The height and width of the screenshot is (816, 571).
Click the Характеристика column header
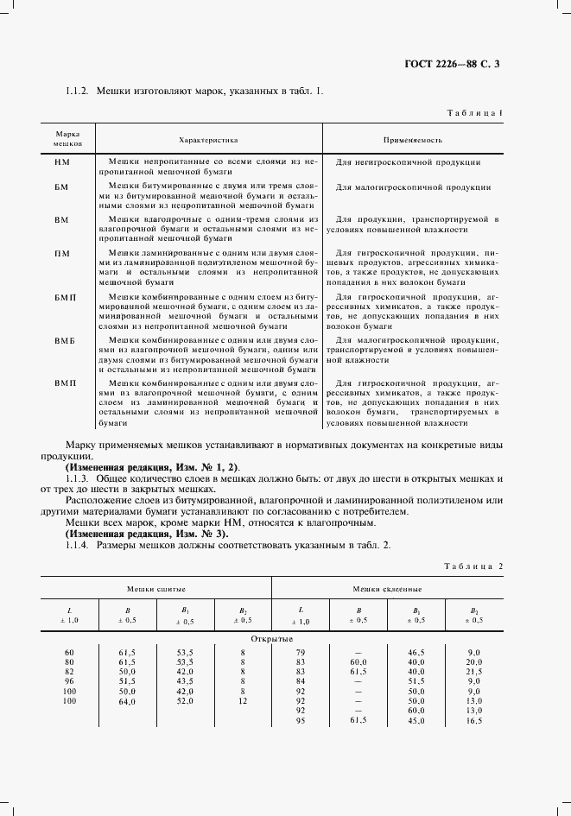click(208, 138)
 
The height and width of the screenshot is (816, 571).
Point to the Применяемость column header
click(413, 138)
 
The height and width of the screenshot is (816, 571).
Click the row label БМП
click(66, 297)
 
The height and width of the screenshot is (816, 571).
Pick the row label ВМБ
click(66, 341)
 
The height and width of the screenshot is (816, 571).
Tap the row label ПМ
click(62, 253)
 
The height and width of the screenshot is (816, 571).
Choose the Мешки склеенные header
click(386, 588)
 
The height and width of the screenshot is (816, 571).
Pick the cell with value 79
click(300, 651)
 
